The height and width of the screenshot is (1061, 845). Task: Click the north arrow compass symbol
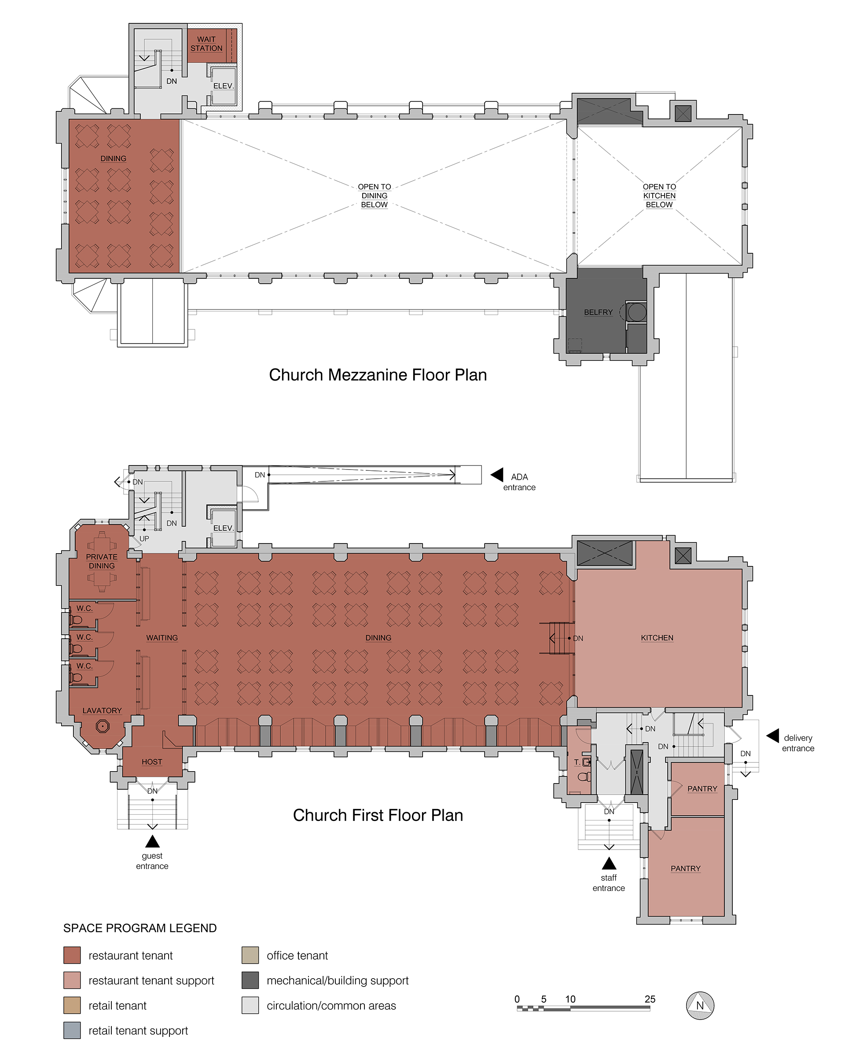click(x=699, y=1006)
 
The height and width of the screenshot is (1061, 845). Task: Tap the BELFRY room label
click(x=598, y=313)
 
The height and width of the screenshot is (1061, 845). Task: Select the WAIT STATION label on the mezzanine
click(x=206, y=44)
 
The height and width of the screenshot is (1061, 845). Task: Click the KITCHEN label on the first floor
click(x=657, y=638)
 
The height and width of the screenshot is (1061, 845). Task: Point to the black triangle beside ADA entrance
click(x=497, y=475)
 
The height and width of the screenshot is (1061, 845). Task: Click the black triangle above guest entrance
click(x=152, y=841)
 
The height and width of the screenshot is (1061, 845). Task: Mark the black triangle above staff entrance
click(x=609, y=863)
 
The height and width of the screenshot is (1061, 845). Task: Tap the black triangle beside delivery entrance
click(x=773, y=736)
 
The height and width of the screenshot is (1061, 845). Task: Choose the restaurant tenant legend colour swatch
click(x=72, y=955)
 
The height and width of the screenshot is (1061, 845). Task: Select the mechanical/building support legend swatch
click(x=250, y=980)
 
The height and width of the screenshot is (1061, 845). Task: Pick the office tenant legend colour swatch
click(x=250, y=955)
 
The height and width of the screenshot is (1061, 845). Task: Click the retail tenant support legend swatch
click(x=72, y=1031)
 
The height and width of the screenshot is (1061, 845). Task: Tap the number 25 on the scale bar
click(x=650, y=999)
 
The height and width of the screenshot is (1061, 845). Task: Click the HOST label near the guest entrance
click(x=151, y=762)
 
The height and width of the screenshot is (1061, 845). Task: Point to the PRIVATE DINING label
click(x=102, y=562)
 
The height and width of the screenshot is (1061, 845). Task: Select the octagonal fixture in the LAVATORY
click(x=102, y=726)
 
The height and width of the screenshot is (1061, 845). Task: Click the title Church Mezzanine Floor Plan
click(x=378, y=375)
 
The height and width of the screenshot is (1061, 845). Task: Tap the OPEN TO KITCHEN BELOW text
click(x=659, y=196)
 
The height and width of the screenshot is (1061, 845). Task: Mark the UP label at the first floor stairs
click(x=144, y=539)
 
